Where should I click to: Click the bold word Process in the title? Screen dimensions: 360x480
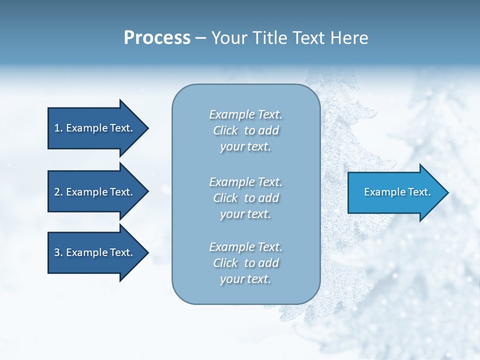tap(157, 38)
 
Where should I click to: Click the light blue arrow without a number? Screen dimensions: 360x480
tap(395, 192)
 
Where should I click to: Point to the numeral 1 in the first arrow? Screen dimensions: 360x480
tap(57, 128)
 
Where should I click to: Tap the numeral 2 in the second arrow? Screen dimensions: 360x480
tap(57, 192)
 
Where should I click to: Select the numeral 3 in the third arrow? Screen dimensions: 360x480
tap(57, 252)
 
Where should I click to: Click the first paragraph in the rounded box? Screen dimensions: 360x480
tap(245, 130)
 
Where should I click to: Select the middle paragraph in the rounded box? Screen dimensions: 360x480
tap(245, 197)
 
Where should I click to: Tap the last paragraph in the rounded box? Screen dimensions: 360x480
tap(245, 262)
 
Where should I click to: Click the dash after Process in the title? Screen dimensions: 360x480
tap(201, 38)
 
